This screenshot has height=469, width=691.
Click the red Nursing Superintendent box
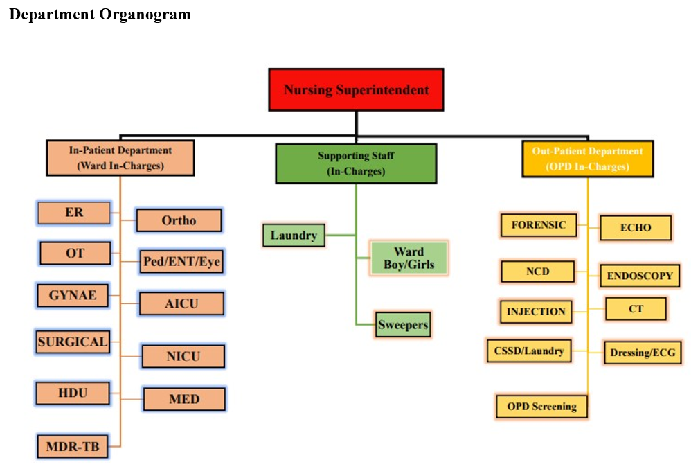pos(356,89)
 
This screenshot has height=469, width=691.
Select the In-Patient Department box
pos(120,158)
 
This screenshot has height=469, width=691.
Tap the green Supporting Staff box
pos(356,163)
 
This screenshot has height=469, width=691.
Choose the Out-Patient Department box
pos(587,158)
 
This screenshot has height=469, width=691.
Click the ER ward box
pos(74,213)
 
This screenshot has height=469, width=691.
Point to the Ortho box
pos(179,220)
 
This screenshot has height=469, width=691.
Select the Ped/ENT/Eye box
pos(182,262)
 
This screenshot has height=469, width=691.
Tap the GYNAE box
pos(73,296)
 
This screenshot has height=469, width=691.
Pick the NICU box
pos(183,356)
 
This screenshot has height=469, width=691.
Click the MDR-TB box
pos(73,447)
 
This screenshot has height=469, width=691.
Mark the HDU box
pos(73,393)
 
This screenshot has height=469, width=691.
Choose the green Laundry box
pos(294,236)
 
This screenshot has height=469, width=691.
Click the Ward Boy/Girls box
pos(409,258)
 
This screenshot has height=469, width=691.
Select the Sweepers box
pos(403,324)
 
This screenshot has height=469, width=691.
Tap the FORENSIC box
pos(539,225)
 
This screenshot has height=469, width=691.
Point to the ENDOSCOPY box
pos(639,276)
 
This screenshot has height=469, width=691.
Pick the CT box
pos(636,309)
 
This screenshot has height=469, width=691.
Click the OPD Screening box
pos(541,406)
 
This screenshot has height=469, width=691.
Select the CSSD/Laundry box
pos(529,351)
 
